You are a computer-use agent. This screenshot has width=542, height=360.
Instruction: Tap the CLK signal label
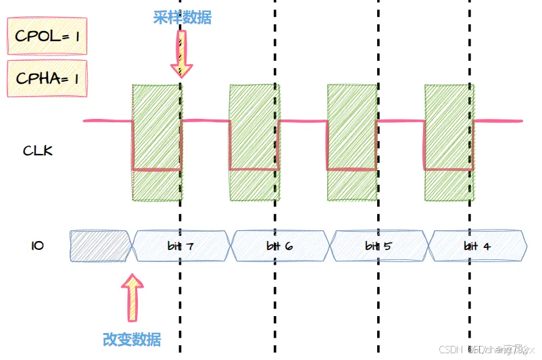coord(38,151)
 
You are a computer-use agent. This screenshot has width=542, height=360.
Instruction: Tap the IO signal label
coord(38,246)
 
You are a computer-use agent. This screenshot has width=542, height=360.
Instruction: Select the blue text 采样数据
coord(182,18)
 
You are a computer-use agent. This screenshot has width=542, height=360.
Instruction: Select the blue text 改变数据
coord(132,339)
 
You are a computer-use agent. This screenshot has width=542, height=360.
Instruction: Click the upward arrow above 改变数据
coord(133,297)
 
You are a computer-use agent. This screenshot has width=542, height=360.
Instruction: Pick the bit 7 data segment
coord(181,246)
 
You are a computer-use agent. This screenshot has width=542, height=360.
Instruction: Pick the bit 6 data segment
coord(279,246)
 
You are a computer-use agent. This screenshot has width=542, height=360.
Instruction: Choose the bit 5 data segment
coord(377,246)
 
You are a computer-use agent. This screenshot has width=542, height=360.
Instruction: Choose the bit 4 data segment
coord(477,246)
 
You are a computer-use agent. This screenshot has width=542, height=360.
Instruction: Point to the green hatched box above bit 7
coord(157,143)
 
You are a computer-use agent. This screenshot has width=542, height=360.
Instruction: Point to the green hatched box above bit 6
coord(254,143)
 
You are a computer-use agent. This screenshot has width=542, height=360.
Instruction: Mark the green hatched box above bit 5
coord(352,143)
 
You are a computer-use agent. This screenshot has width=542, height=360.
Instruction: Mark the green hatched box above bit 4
coord(449,143)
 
